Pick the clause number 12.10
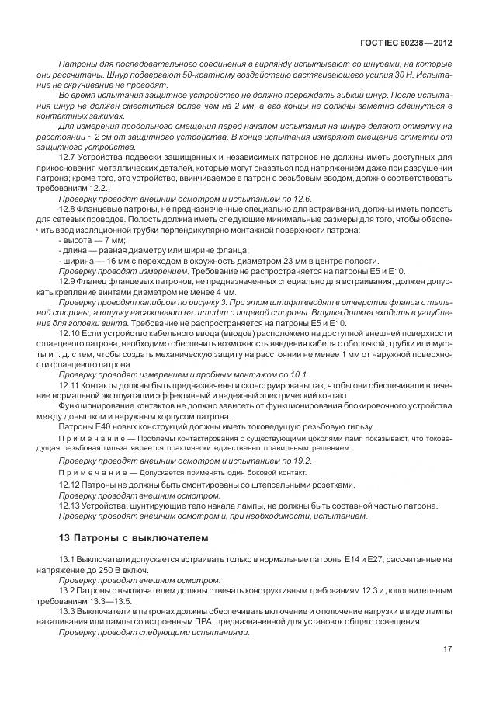(69, 333)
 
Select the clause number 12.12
(69, 485)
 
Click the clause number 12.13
(69, 505)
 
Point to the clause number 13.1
(67, 560)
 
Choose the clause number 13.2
(67, 590)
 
